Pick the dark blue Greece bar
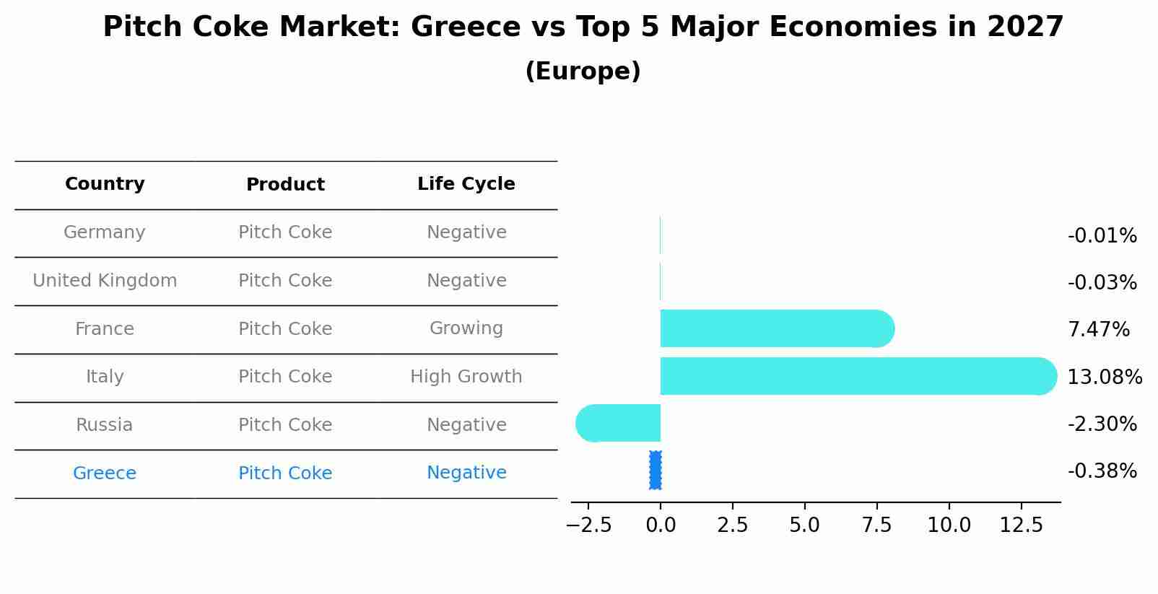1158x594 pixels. tap(656, 471)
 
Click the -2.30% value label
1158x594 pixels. tap(1102, 424)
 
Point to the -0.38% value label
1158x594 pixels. tap(1102, 471)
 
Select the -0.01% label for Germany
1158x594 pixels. tap(1102, 236)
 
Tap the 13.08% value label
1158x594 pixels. tap(1104, 377)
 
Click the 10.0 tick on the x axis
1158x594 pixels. tap(949, 525)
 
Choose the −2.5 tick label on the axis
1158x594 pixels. tap(588, 525)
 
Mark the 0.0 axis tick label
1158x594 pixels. tap(661, 525)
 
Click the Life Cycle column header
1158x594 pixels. tap(466, 184)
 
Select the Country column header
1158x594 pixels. tap(105, 184)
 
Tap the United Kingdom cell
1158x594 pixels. tap(105, 281)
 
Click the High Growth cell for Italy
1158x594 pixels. tap(466, 377)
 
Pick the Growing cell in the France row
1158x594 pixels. tap(466, 328)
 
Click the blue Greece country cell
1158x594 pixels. tap(105, 473)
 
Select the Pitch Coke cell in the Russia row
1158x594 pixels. tap(285, 425)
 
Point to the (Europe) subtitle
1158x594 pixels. tap(583, 71)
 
